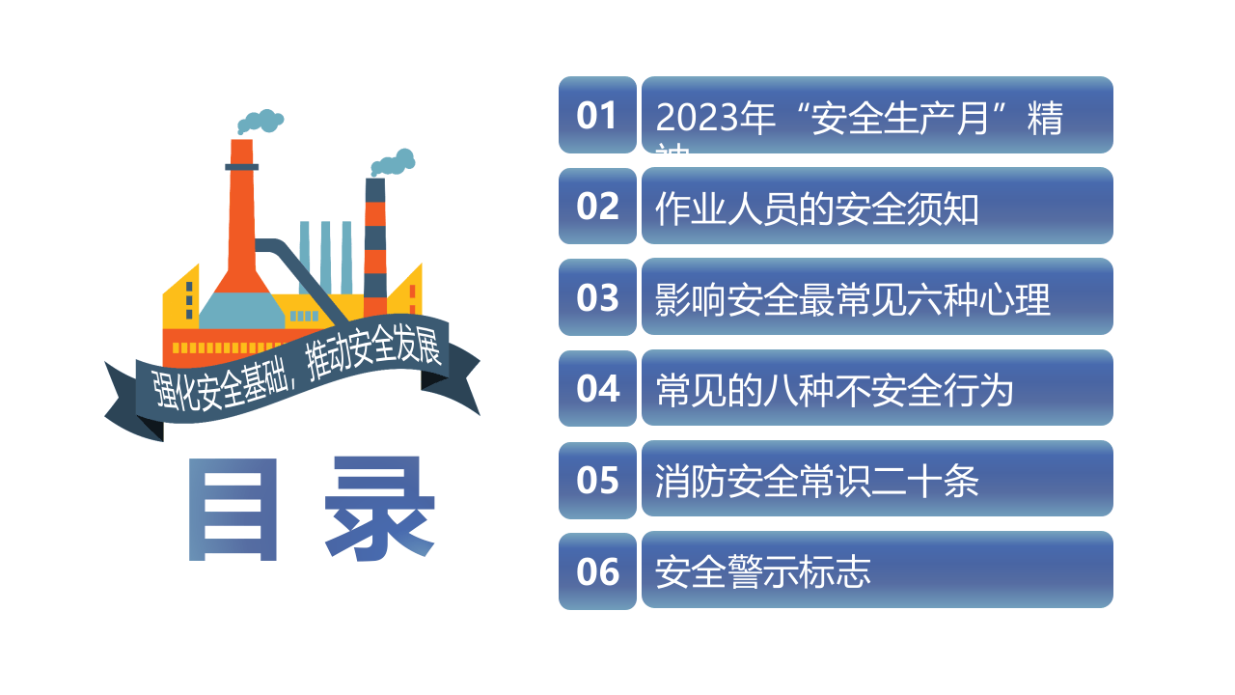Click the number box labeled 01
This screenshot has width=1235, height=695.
click(597, 115)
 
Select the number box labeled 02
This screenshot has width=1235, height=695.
click(597, 206)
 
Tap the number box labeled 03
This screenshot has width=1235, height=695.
click(597, 297)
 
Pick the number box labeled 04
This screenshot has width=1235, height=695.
click(597, 388)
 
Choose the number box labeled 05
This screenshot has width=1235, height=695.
click(597, 480)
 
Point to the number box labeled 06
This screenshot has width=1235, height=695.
click(597, 571)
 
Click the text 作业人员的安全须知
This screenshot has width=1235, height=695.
click(816, 208)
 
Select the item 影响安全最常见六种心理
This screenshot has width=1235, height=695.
click(852, 299)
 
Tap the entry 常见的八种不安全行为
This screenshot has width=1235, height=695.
click(835, 390)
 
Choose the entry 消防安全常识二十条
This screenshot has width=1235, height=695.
click(816, 481)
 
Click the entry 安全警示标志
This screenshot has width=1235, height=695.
click(762, 572)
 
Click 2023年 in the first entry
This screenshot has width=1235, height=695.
click(716, 120)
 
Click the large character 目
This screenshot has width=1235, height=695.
click(233, 510)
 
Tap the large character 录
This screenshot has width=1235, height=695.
click(379, 510)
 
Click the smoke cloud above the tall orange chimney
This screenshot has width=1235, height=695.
click(260, 122)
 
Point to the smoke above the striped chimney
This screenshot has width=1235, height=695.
click(393, 162)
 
